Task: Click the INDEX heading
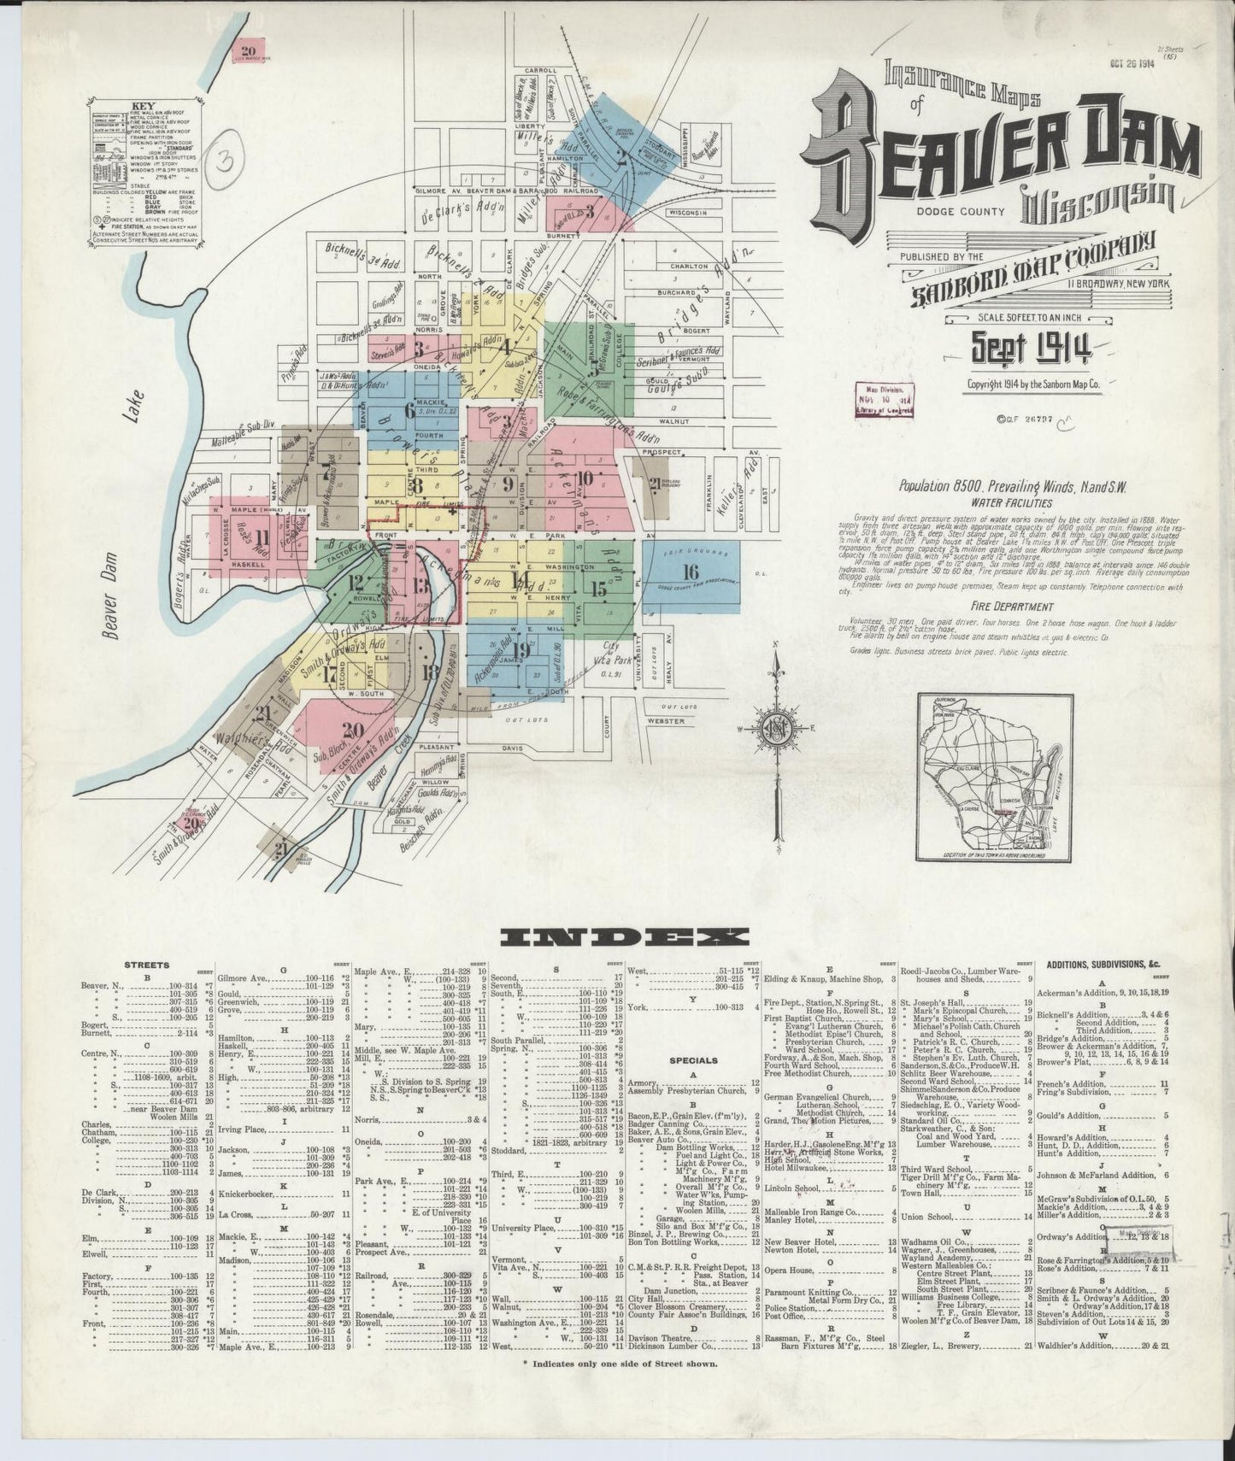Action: point(623,937)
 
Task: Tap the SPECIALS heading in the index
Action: point(693,1060)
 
